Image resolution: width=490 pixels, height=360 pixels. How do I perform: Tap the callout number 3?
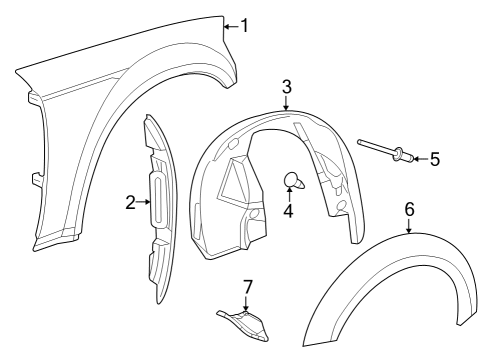[287, 87]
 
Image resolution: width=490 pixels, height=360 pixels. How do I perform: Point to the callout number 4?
[287, 211]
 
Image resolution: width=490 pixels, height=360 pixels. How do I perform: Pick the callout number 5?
[434, 159]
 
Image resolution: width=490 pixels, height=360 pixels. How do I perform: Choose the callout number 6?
[409, 209]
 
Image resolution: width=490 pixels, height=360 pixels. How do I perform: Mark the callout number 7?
[247, 288]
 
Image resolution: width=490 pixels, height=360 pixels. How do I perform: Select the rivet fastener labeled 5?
[384, 151]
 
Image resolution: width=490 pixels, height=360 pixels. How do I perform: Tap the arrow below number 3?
[287, 105]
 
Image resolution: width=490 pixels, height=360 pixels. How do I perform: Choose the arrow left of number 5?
[418, 159]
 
